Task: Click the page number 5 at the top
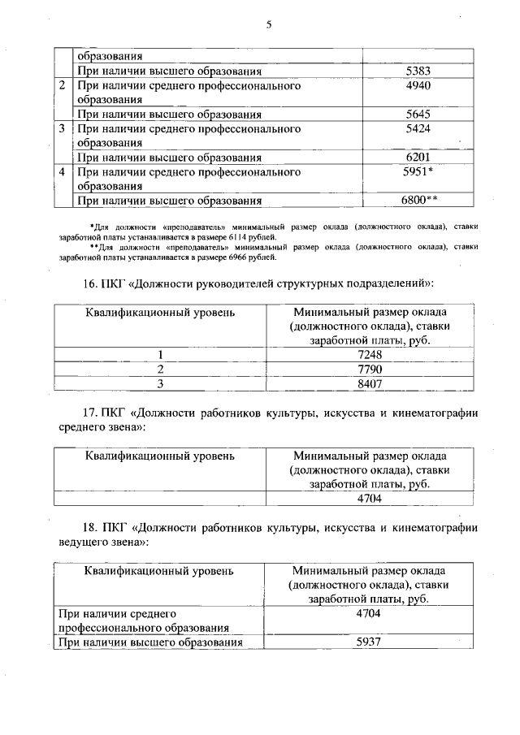pyautogui.click(x=267, y=25)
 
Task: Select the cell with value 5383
pyautogui.click(x=417, y=71)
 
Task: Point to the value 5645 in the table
pyautogui.click(x=417, y=115)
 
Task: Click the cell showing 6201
pyautogui.click(x=417, y=158)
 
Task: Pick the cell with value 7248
pyautogui.click(x=370, y=355)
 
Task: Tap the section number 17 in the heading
pyautogui.click(x=91, y=413)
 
